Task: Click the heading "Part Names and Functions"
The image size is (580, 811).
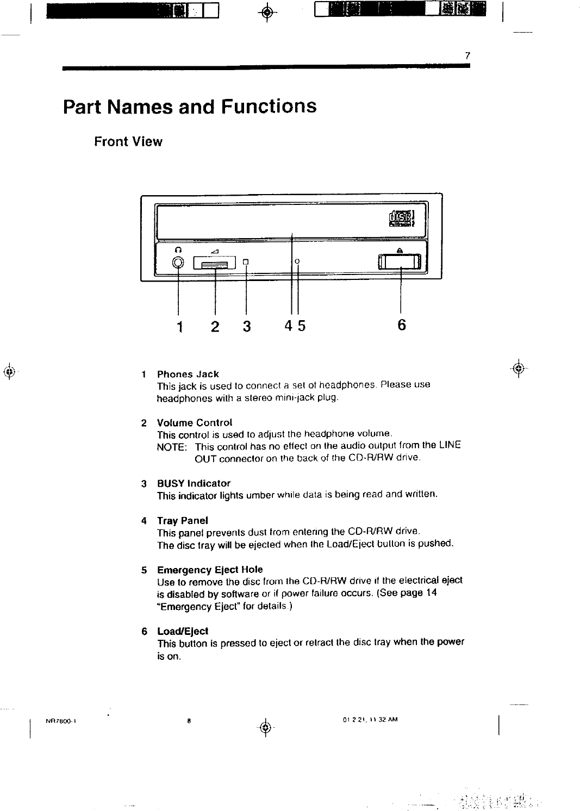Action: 190,106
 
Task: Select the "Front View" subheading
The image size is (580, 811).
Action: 128,142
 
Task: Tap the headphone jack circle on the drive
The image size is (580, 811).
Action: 178,263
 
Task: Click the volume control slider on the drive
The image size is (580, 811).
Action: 215,264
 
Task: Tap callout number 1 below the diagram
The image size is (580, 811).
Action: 179,326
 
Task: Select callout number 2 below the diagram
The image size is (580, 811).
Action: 215,326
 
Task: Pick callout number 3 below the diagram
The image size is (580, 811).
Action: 247,326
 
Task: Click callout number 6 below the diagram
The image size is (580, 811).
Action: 401,325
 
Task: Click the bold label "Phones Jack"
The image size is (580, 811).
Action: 188,374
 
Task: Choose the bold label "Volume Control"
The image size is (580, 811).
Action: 195,422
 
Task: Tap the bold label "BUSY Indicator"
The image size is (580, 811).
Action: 194,483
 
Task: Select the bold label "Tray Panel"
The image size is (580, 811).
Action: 183,520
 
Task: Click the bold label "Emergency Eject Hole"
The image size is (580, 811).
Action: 210,570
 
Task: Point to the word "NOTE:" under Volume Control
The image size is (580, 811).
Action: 172,446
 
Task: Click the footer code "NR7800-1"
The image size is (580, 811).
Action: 60,721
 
